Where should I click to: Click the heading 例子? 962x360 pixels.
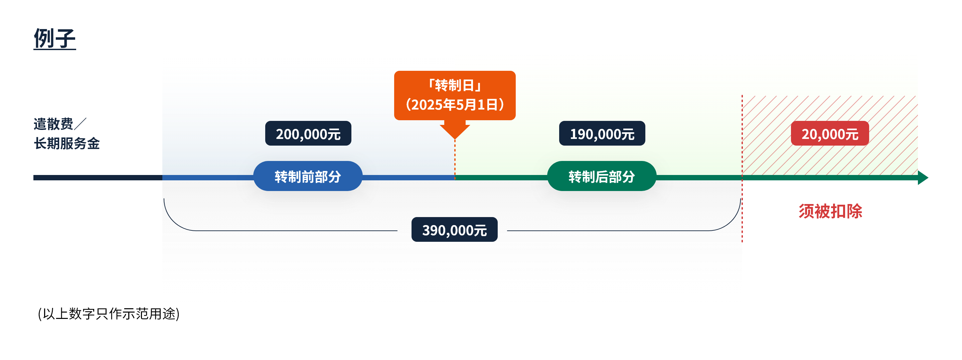(x=54, y=38)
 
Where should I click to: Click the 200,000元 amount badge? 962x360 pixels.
(x=308, y=133)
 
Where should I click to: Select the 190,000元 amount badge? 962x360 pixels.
(x=602, y=133)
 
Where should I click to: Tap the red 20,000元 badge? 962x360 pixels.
(x=830, y=133)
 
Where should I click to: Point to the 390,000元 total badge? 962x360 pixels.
(x=455, y=230)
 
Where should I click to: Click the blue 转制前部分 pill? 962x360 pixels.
(x=308, y=176)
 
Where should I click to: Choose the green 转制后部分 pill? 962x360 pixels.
(x=602, y=176)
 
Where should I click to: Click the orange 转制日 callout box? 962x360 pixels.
(x=455, y=96)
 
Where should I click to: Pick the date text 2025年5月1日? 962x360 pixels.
(x=455, y=105)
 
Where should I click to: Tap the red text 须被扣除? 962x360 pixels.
(x=830, y=211)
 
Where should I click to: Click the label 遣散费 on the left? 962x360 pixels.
(x=53, y=124)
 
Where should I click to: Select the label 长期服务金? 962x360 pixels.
(x=67, y=143)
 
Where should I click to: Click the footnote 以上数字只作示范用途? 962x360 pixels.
(x=109, y=314)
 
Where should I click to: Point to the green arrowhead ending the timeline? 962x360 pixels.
(x=923, y=178)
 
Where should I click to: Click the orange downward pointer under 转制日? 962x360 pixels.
(x=455, y=130)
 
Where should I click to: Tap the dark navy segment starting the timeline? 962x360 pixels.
(x=98, y=178)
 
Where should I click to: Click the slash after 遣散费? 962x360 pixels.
(x=80, y=124)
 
